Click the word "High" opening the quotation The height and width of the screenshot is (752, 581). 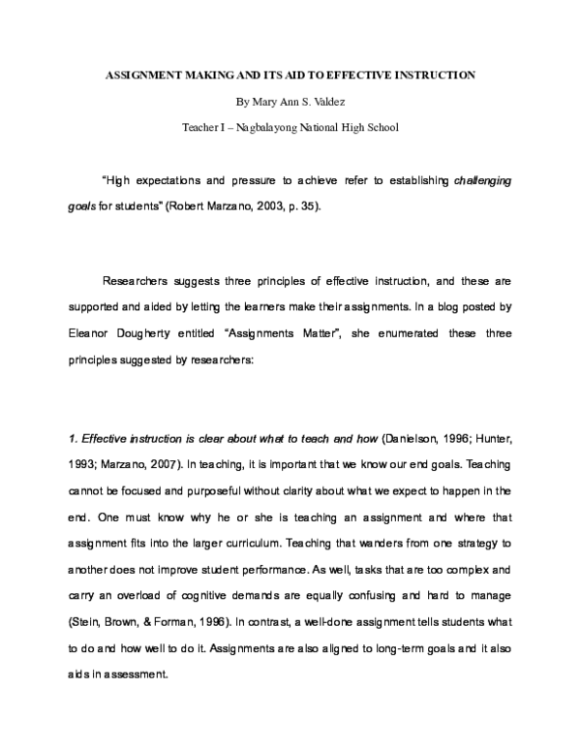point(116,181)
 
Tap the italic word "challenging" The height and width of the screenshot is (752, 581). point(482,181)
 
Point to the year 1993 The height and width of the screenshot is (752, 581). point(81,464)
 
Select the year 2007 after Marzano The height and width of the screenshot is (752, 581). point(165,464)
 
